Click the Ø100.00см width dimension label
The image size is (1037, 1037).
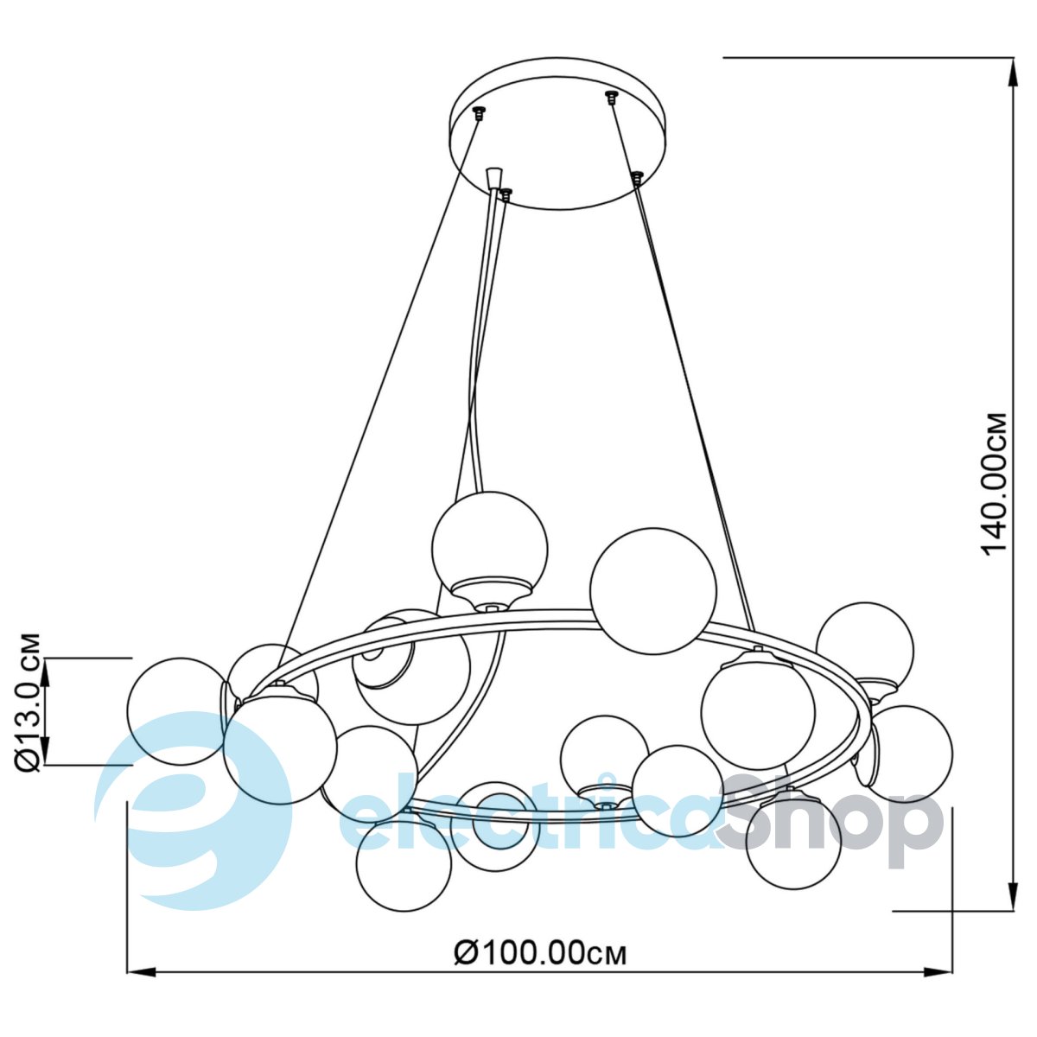540,953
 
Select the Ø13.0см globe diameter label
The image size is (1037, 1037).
27,703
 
